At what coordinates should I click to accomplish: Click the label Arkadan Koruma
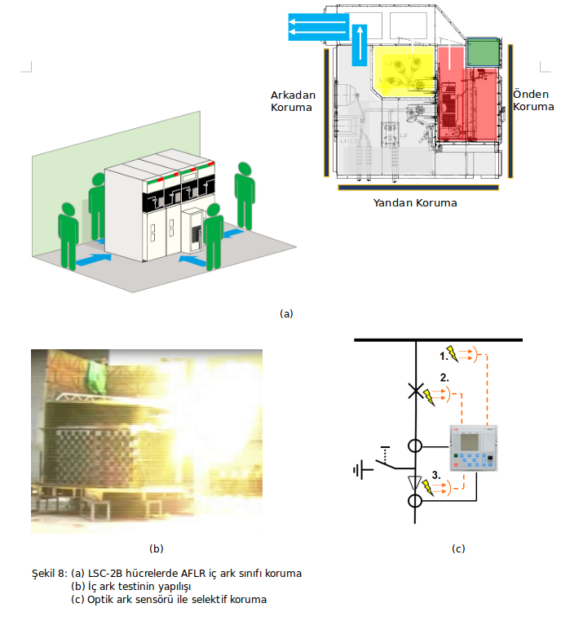tap(293, 101)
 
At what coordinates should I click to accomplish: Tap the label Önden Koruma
tap(533, 101)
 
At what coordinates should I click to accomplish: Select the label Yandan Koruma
tap(414, 202)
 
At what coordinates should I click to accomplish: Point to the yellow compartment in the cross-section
tap(404, 69)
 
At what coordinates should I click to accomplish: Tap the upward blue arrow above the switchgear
tap(360, 44)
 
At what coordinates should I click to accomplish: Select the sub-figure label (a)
tap(285, 313)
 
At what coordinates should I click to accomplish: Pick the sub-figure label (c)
tap(458, 548)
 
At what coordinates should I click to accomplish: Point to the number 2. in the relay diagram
tap(445, 377)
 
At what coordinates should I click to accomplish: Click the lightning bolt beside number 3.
tap(429, 488)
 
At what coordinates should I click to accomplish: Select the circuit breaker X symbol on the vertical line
tap(417, 393)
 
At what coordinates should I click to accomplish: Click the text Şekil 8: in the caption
tap(50, 573)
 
